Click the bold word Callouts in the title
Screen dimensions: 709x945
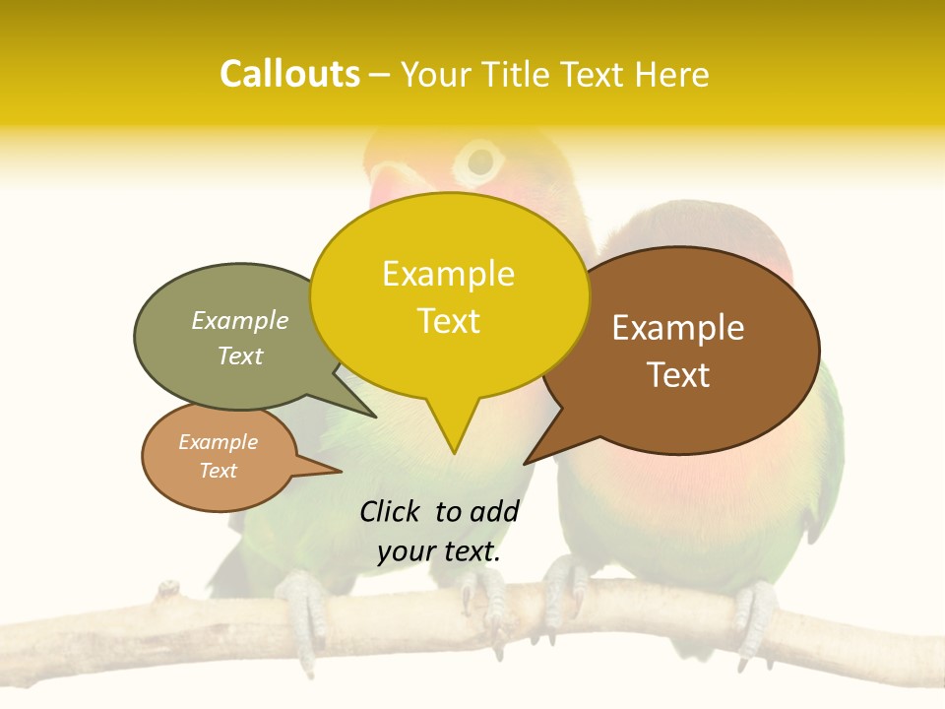click(289, 75)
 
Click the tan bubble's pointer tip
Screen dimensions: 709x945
click(340, 471)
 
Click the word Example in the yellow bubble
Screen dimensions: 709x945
click(448, 274)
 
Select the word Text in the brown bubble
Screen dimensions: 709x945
click(678, 375)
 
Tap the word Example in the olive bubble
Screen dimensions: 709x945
click(240, 321)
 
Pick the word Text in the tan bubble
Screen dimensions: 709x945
click(219, 471)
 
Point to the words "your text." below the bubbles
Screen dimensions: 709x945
click(439, 551)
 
